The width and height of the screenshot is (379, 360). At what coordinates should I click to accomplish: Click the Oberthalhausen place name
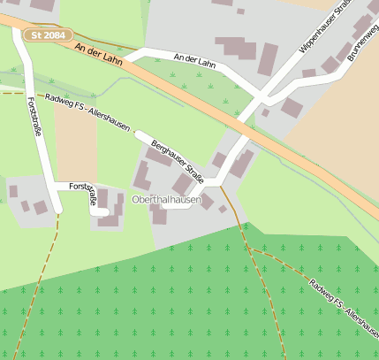pyautogui.click(x=166, y=201)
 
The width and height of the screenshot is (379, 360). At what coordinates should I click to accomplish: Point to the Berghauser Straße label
pyautogui.click(x=178, y=160)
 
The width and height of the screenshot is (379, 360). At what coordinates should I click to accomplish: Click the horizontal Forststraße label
pyautogui.click(x=74, y=188)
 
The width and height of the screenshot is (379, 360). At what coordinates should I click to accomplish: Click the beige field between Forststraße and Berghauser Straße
pyautogui.click(x=75, y=146)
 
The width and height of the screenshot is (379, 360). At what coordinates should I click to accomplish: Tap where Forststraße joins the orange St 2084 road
pyautogui.click(x=19, y=34)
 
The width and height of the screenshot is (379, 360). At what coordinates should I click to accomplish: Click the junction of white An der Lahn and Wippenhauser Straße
pyautogui.click(x=261, y=95)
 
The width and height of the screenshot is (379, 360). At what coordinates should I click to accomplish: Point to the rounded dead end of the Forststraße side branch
pyautogui.click(x=104, y=212)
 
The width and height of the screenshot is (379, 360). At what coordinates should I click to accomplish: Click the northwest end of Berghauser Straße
pyautogui.click(x=138, y=134)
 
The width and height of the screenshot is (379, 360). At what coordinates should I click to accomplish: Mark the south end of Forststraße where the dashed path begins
pyautogui.click(x=57, y=212)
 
